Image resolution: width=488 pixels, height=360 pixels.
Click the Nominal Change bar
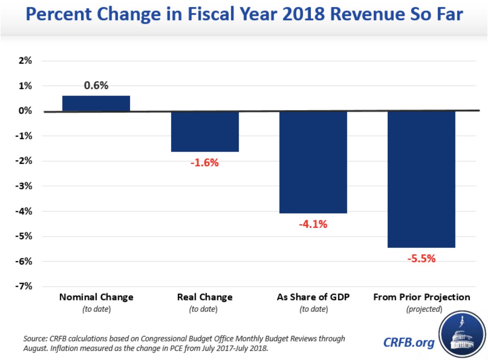96,104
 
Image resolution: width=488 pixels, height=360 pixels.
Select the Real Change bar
205,131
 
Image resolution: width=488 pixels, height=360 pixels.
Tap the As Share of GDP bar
313,162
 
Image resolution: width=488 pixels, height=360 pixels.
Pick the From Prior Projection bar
421,179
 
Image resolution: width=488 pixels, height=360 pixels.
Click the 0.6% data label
96,86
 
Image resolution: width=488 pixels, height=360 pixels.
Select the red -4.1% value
313,224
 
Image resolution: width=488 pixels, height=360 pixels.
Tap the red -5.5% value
421,258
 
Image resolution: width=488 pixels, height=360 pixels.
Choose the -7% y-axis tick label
24,286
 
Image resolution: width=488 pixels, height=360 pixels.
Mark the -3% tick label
24,186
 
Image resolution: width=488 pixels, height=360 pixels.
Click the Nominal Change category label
96,297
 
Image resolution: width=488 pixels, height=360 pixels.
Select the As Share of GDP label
313,297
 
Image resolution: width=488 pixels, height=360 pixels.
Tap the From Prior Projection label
421,297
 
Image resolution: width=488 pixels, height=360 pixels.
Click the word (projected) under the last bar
424,309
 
